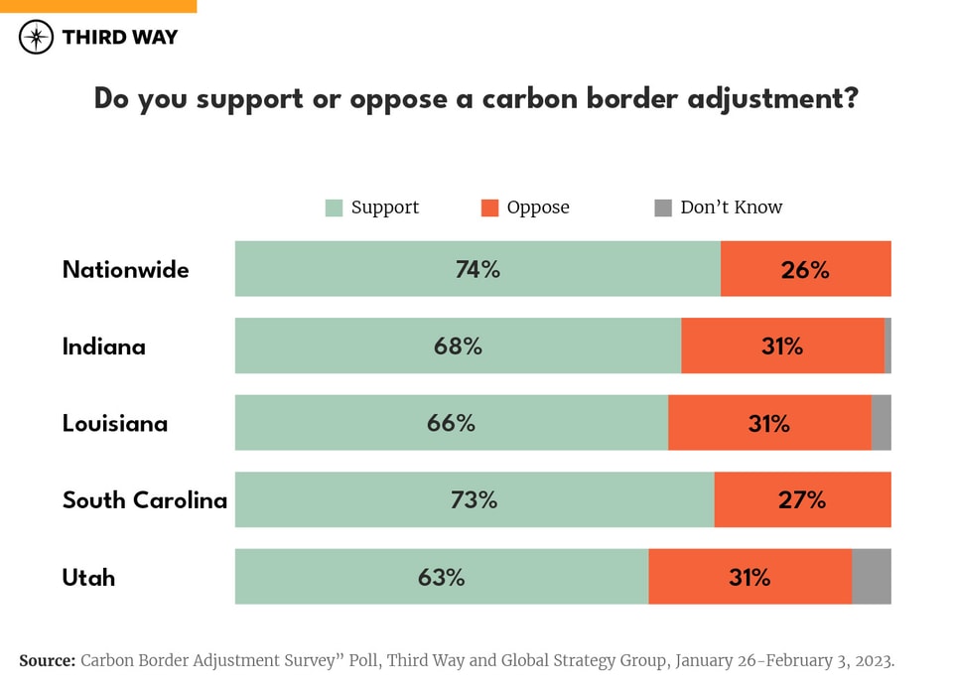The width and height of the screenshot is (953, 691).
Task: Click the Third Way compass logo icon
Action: (36, 38)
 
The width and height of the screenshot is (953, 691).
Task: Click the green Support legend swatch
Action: (334, 207)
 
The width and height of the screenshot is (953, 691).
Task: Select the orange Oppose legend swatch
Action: (489, 207)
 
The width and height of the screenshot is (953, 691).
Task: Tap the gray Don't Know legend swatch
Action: (663, 207)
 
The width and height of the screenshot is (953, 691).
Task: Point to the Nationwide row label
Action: (125, 269)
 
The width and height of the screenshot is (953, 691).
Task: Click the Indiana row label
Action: (103, 346)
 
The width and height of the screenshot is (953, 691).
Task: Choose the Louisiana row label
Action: (114, 423)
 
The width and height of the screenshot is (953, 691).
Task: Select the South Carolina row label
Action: (144, 499)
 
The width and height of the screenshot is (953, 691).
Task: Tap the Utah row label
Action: (88, 577)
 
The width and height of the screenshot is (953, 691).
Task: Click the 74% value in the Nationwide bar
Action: (477, 269)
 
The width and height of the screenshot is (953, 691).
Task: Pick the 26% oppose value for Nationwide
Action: (804, 269)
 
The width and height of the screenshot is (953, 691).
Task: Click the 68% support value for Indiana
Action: (458, 346)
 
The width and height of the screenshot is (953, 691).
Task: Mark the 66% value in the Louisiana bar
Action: (451, 423)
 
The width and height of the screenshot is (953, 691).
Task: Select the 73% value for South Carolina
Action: (474, 499)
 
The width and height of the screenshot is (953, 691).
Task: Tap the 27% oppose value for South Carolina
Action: (801, 499)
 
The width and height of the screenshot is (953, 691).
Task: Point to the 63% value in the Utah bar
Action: (441, 577)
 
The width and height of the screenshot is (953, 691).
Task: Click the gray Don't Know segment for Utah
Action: (872, 577)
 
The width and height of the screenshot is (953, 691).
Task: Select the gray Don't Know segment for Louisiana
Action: (881, 423)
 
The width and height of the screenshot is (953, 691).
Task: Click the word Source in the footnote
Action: (47, 660)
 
